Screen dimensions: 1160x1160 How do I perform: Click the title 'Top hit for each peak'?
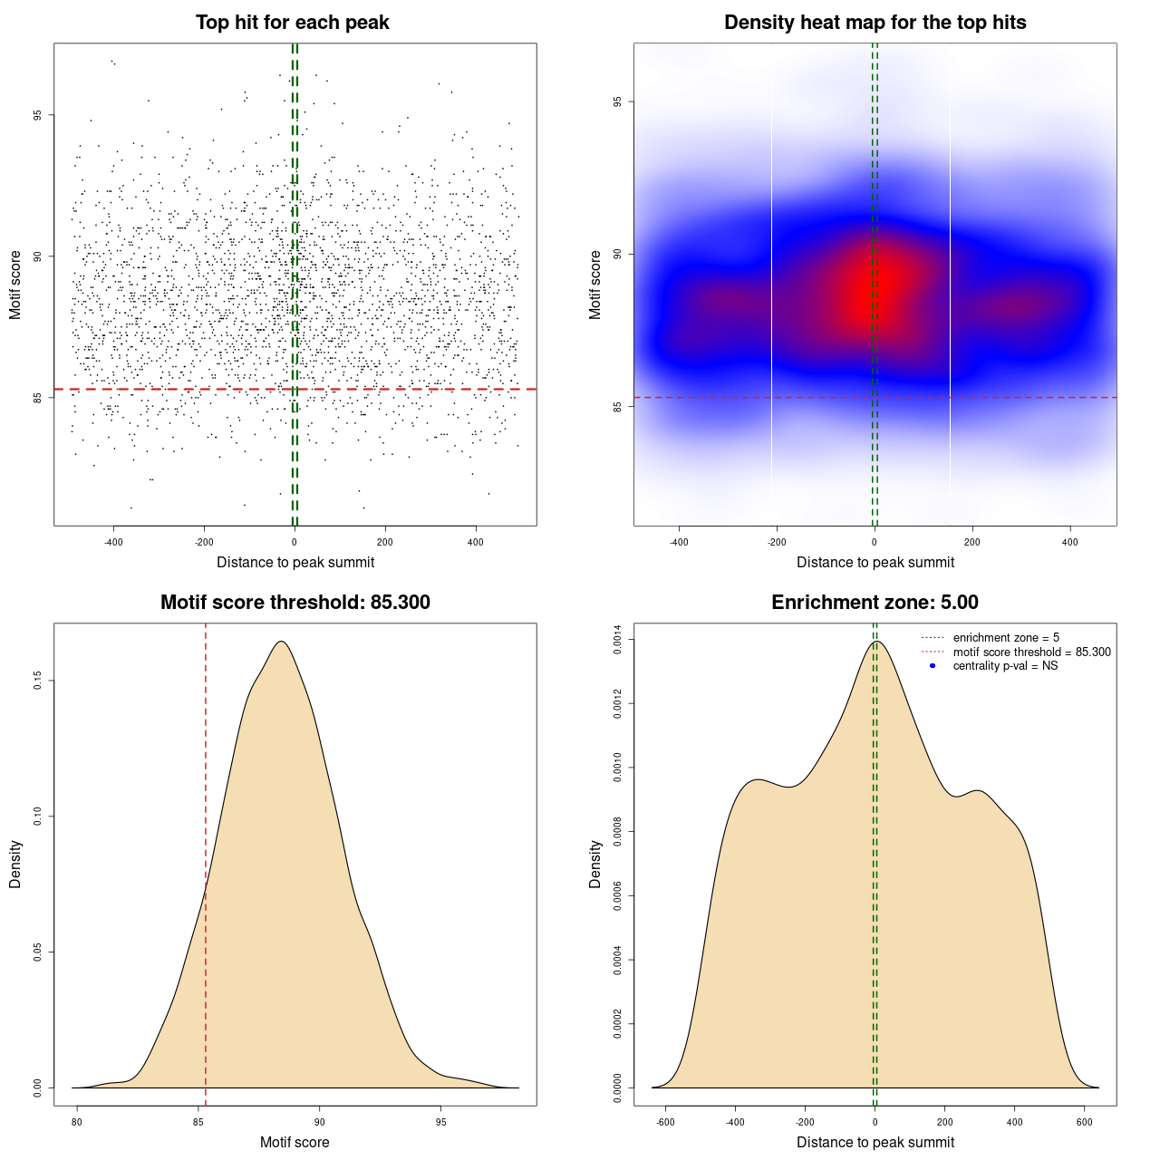click(x=292, y=23)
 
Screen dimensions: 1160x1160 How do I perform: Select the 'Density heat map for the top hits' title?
click(x=875, y=23)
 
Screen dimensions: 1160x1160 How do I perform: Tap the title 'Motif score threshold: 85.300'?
click(x=295, y=603)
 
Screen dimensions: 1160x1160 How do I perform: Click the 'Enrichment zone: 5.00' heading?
click(x=875, y=603)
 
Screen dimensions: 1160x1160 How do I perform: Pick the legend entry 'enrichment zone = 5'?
click(x=1006, y=638)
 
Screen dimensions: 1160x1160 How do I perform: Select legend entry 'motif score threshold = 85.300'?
click(x=1031, y=652)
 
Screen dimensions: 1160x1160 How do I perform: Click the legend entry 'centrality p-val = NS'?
click(x=1005, y=666)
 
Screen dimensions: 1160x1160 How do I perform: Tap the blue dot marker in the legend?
click(x=933, y=666)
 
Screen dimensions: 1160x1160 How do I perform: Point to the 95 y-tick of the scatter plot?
click(x=38, y=115)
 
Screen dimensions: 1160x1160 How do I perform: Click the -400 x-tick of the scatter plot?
click(x=113, y=542)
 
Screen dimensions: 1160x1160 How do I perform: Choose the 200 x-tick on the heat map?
click(x=972, y=542)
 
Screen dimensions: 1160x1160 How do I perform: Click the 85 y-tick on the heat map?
click(x=618, y=407)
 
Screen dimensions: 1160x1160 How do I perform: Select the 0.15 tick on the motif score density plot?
click(x=38, y=681)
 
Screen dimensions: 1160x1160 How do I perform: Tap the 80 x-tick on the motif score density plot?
click(x=77, y=1122)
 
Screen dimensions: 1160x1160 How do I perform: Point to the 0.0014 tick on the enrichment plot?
click(x=618, y=640)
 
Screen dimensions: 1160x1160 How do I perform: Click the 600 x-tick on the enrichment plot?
click(x=1085, y=1122)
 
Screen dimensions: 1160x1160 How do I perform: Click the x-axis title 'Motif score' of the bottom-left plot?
click(x=295, y=1142)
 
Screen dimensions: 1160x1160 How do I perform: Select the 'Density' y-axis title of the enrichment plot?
click(x=595, y=864)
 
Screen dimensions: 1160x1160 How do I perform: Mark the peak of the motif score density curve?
click(x=282, y=642)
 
